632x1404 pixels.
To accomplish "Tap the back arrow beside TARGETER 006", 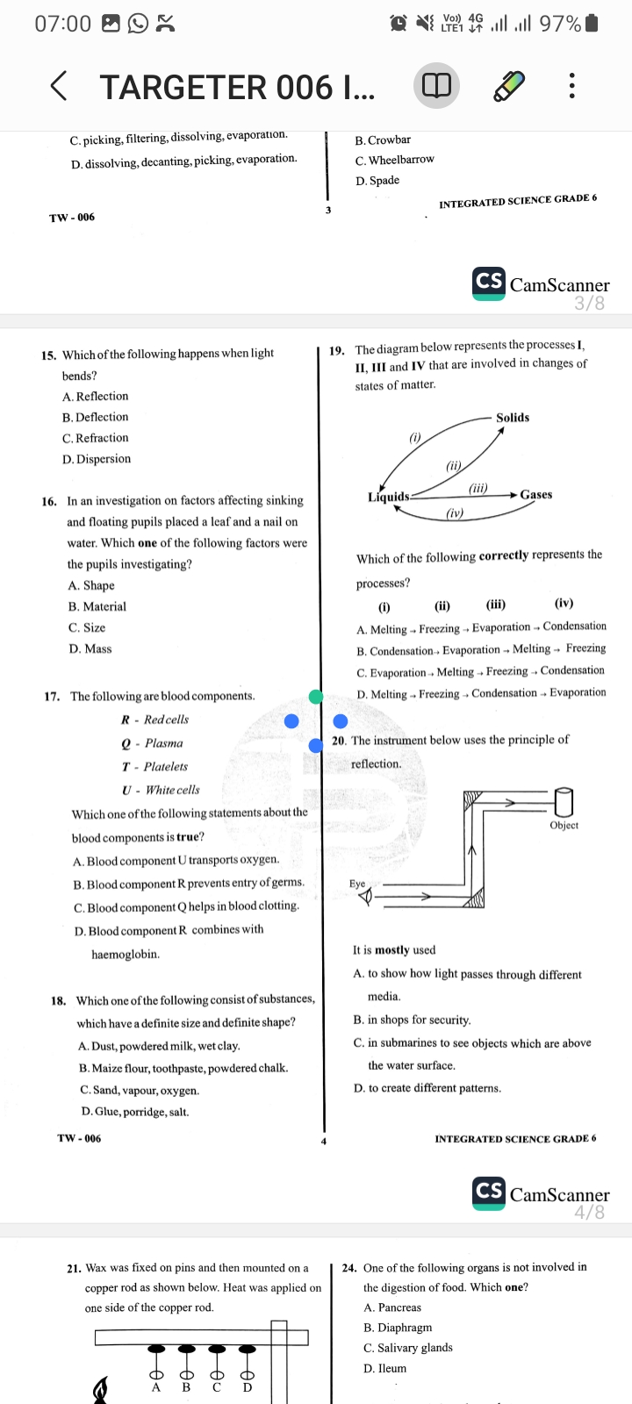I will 58,86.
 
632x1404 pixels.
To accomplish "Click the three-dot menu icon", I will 571,86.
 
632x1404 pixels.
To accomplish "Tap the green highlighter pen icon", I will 508,86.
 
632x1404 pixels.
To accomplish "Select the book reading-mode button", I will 436,86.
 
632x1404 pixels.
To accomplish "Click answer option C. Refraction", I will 96,438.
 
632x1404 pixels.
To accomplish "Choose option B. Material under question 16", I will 97,606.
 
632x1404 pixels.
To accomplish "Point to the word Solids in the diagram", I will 513,418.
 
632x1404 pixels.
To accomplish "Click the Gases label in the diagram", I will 535,495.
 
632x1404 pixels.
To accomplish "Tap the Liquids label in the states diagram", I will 389,497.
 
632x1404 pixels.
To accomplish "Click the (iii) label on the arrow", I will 478,487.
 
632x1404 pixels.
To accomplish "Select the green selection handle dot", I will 316,697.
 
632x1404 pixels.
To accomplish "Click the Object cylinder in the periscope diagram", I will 564,800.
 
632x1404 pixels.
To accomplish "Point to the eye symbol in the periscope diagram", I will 366,896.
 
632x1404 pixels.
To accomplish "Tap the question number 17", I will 52,697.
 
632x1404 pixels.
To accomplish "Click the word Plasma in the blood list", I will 164,743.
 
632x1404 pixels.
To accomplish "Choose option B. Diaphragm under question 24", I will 398,1328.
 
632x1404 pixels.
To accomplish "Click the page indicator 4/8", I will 589,1213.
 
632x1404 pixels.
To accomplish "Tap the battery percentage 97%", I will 559,24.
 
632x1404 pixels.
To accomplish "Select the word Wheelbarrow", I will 401,160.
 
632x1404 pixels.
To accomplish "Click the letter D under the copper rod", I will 248,1387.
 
